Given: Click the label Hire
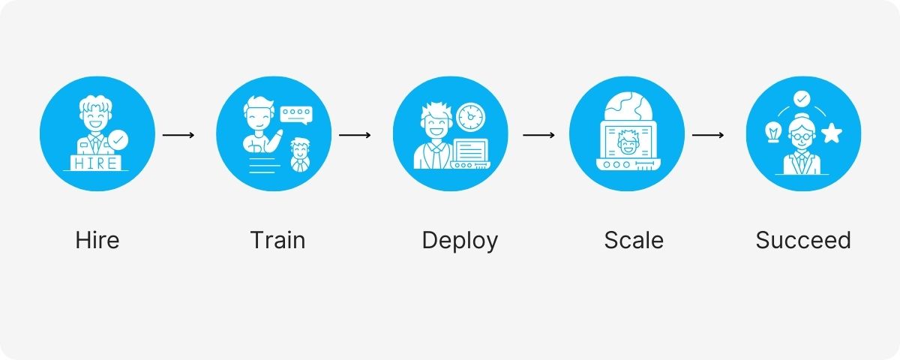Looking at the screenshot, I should click(x=97, y=241).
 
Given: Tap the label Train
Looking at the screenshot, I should click(x=277, y=241).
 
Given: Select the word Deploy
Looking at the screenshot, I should click(x=460, y=241).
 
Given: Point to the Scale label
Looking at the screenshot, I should click(x=634, y=241).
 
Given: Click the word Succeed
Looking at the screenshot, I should click(x=803, y=241).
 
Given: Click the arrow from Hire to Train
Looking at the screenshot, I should click(x=178, y=135).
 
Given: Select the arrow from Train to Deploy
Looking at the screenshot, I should click(x=355, y=135).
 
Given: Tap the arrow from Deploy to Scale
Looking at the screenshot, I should click(x=538, y=135).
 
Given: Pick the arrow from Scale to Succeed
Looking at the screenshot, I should click(x=708, y=135).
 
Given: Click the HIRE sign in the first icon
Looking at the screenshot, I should click(x=93, y=163).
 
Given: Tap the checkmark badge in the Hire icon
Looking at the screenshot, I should click(x=118, y=139).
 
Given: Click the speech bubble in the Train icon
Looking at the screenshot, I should click(x=295, y=114).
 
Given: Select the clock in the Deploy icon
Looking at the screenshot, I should click(x=471, y=116).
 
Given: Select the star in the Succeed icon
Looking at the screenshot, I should click(x=831, y=134).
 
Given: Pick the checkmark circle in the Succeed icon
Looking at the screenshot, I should click(x=802, y=98).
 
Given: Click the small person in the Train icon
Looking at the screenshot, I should click(x=301, y=152).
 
